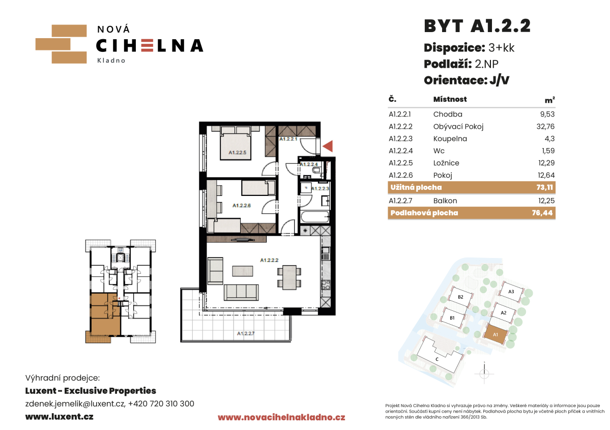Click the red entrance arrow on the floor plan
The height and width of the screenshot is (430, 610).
[329, 146]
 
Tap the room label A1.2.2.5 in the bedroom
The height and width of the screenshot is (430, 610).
[237, 153]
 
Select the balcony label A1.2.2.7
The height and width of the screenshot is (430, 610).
[246, 333]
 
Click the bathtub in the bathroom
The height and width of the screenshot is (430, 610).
[315, 217]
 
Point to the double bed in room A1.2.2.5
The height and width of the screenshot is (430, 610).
[236, 142]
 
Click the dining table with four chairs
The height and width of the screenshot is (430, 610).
[289, 277]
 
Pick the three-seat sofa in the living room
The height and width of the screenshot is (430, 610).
[241, 292]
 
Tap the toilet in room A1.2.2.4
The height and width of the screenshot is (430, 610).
[316, 170]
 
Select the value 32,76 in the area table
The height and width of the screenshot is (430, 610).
[545, 127]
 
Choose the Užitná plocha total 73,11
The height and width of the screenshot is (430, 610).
[545, 188]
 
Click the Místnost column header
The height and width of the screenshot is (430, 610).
[450, 99]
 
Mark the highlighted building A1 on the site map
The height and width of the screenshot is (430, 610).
[496, 334]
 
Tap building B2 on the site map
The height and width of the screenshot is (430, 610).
[460, 297]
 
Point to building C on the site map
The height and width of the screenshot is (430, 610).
[439, 356]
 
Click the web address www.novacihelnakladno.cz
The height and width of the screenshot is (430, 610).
[281, 418]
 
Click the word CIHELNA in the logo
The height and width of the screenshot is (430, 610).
[150, 46]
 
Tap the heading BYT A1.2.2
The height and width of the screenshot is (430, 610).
[477, 26]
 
